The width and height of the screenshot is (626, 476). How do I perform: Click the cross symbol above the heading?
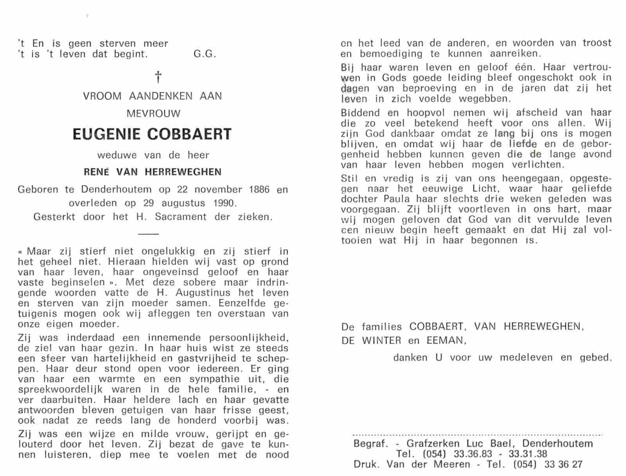(x=158, y=77)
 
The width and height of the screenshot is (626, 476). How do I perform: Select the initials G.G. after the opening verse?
(x=205, y=54)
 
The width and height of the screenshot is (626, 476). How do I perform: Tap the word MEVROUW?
(x=153, y=114)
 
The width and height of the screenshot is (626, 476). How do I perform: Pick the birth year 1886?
(x=259, y=190)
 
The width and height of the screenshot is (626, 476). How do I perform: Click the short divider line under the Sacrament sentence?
(x=149, y=234)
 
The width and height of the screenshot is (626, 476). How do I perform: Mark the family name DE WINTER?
(x=371, y=341)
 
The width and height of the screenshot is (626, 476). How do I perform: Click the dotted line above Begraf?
(x=477, y=435)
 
